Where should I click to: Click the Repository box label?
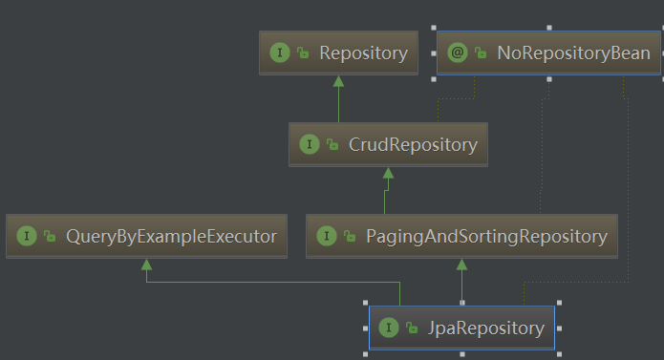(x=363, y=53)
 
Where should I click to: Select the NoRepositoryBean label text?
(x=573, y=53)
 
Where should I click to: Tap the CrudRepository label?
(x=413, y=145)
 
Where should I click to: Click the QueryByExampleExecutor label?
(x=172, y=237)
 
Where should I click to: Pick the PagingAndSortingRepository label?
(x=486, y=237)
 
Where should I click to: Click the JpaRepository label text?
(x=485, y=328)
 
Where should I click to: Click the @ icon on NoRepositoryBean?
(x=458, y=53)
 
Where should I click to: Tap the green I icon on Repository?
(x=280, y=53)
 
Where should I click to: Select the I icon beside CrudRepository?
(x=310, y=144)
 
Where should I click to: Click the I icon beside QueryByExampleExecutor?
(x=26, y=236)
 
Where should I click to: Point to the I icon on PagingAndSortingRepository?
(x=327, y=236)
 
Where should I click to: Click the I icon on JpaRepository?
(x=388, y=328)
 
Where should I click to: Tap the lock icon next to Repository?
(x=303, y=53)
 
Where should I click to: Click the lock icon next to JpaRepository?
(x=412, y=328)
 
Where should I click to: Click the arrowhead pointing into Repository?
(x=338, y=81)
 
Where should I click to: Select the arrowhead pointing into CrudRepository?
(x=388, y=173)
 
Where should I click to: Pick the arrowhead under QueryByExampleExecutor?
(x=146, y=265)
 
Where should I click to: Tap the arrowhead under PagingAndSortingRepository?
(x=461, y=265)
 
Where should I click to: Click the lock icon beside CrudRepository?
(x=332, y=144)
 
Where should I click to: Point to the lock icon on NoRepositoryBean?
(x=481, y=53)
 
